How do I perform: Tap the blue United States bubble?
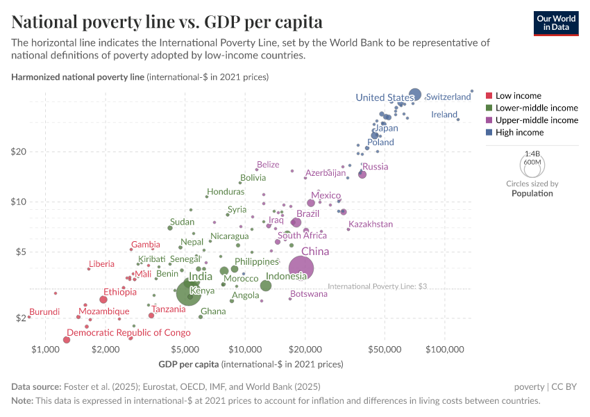tap(415, 95)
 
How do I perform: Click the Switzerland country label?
tap(448, 97)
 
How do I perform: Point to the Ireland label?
tap(444, 114)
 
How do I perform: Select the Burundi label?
tap(44, 311)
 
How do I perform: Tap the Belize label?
tap(268, 165)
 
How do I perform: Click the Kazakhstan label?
tap(371, 224)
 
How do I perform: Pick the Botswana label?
tap(308, 294)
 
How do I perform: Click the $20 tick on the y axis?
tap(19, 152)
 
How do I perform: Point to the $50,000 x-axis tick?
tap(385, 347)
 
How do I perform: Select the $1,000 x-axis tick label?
tap(45, 347)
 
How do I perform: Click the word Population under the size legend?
tap(532, 193)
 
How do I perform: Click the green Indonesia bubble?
tap(266, 286)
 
